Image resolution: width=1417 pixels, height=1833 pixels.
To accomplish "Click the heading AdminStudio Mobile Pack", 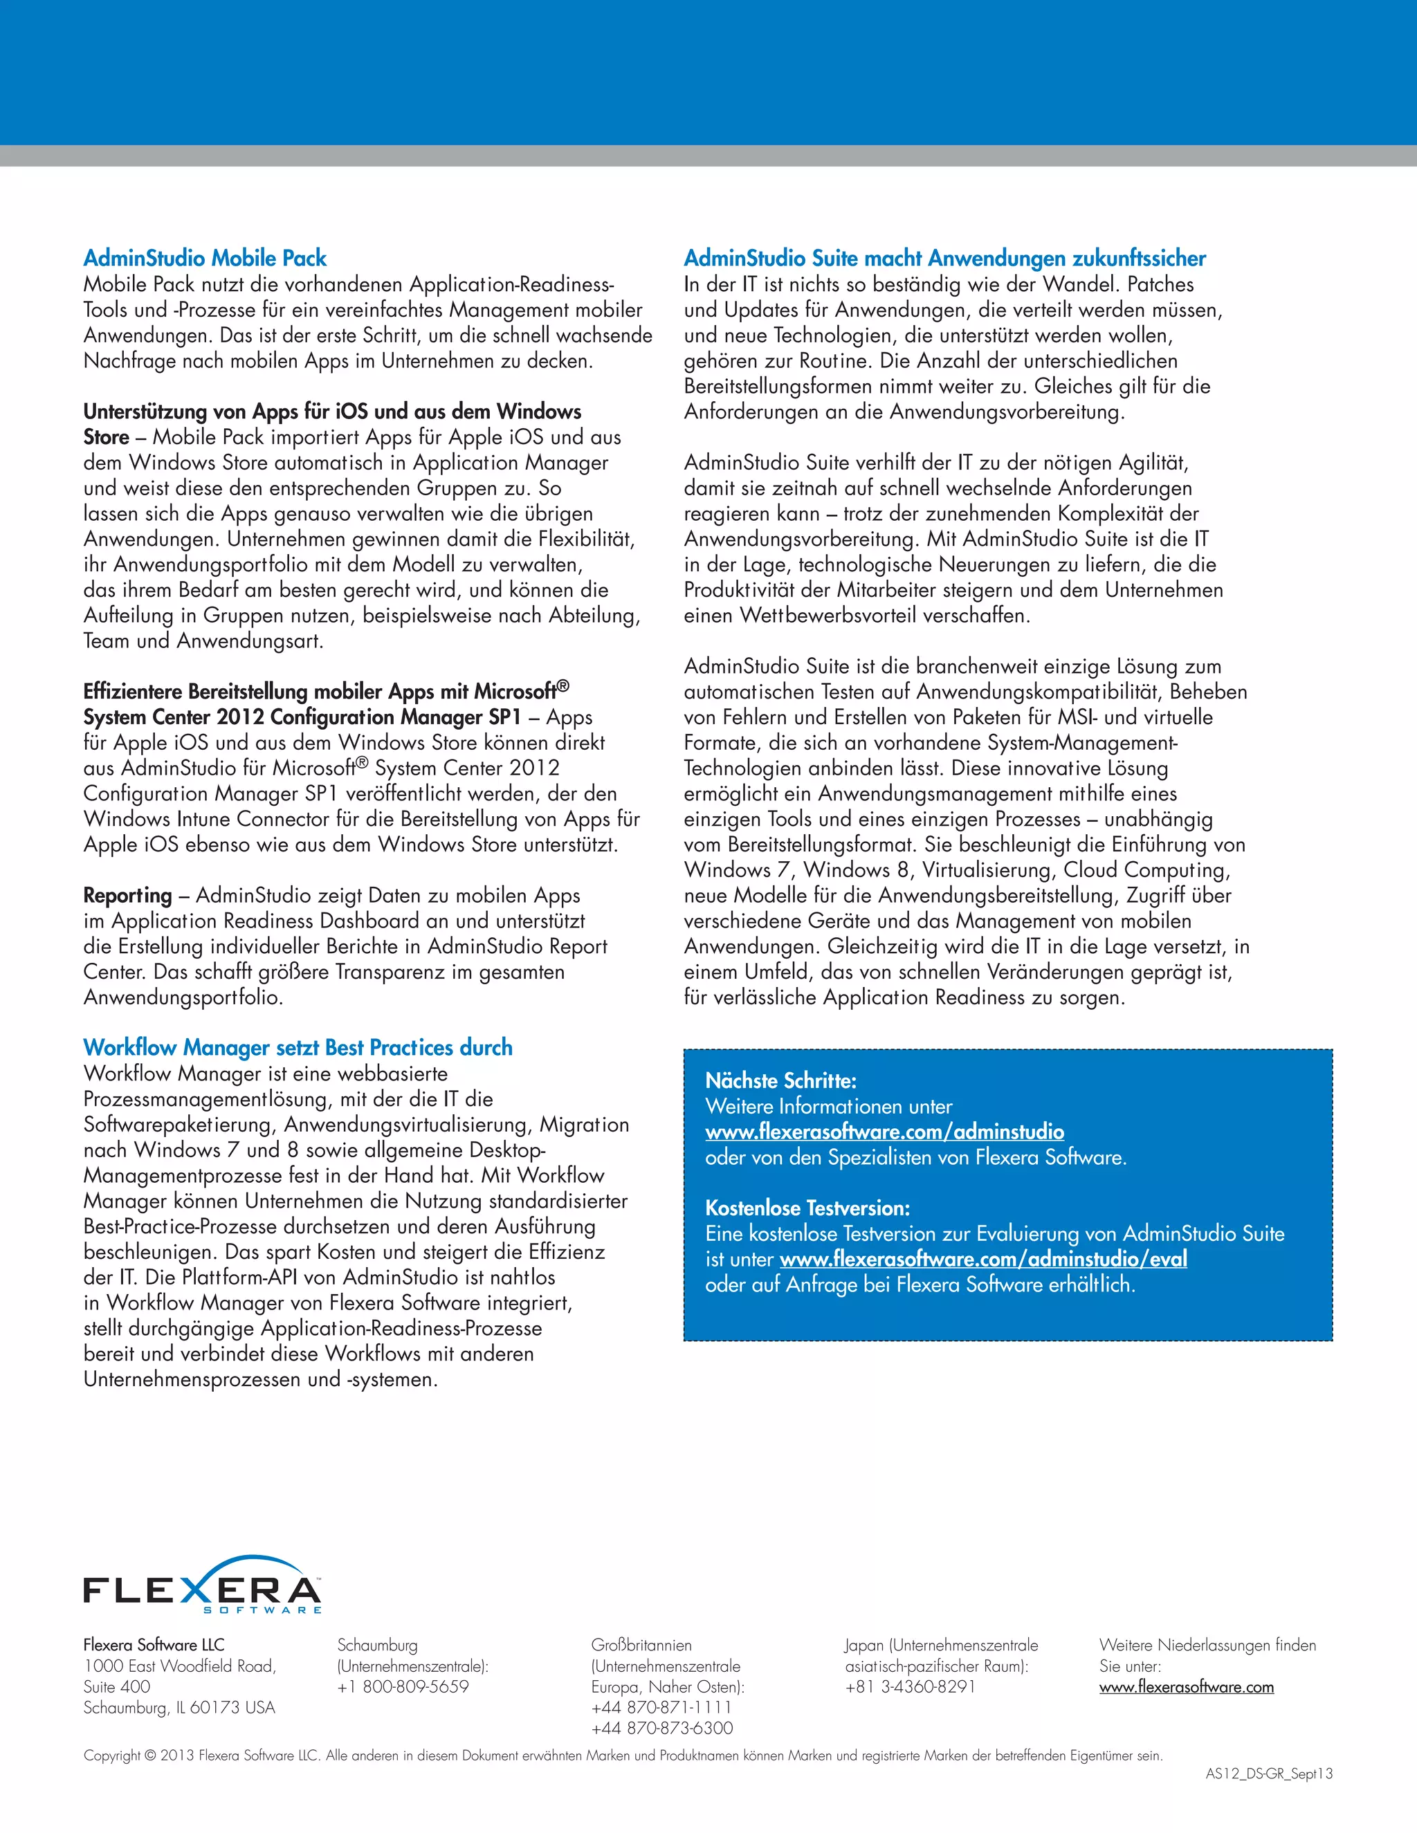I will coord(205,259).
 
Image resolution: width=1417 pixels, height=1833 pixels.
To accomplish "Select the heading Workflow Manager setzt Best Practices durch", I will coord(298,1047).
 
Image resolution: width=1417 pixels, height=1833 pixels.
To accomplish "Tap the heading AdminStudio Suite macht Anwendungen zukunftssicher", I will coord(944,259).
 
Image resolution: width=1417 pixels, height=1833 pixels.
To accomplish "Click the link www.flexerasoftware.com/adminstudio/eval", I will coord(983,1259).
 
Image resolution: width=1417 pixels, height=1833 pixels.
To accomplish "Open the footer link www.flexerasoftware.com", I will coord(1186,1687).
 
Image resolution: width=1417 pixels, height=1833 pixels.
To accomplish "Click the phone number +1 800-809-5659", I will coord(403,1687).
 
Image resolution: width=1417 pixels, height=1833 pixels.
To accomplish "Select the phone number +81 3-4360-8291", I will coord(910,1687).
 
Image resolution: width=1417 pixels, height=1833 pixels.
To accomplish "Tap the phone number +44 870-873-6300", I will coord(661,1728).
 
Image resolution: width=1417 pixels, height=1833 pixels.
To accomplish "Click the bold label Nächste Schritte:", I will coord(780,1081).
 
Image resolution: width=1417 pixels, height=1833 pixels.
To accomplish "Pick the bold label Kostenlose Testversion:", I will coord(807,1208).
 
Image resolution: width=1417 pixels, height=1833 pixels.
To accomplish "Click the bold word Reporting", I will coord(127,896).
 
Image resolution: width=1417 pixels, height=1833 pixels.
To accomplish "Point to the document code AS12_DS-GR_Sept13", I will coord(1268,1774).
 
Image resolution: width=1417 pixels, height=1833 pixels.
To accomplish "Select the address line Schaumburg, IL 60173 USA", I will coord(179,1707).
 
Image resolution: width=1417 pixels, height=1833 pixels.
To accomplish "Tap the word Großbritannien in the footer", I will coord(641,1645).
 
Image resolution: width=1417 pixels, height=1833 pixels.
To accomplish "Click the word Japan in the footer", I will coord(863,1645).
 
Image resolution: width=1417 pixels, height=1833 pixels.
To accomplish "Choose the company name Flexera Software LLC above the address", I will coord(154,1645).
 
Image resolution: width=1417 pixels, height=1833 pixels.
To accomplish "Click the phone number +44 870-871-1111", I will coord(661,1707).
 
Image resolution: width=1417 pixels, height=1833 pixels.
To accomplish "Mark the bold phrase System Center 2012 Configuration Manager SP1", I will coord(302,717).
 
